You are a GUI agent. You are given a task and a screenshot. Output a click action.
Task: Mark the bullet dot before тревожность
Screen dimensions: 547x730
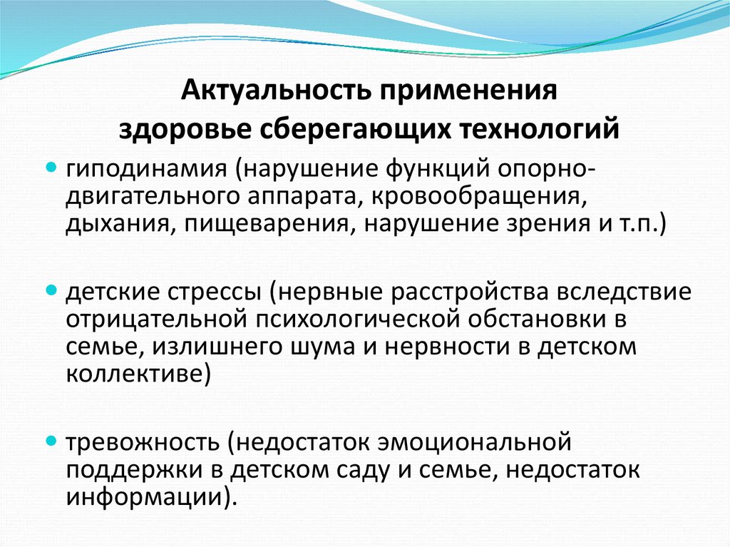(x=51, y=441)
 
